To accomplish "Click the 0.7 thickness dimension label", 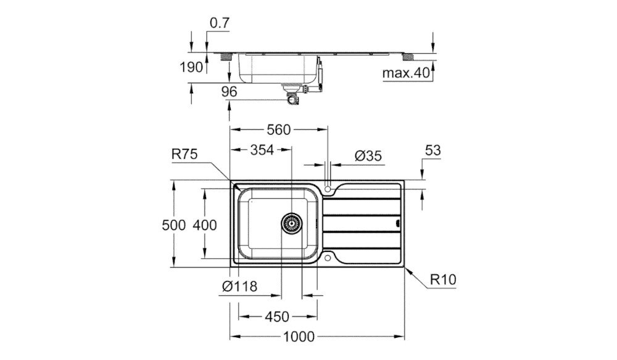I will click(220, 23).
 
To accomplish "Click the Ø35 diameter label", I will click(368, 156).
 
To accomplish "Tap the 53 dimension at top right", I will click(434, 151).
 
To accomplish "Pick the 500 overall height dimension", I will click(174, 225).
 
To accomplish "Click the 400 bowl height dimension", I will click(205, 225).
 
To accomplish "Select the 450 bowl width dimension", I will click(276, 317).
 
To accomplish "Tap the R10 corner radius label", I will click(443, 280).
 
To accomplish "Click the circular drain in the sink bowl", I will click(291, 223).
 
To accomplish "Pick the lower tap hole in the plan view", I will click(328, 257).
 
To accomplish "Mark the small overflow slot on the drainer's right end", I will click(397, 223).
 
